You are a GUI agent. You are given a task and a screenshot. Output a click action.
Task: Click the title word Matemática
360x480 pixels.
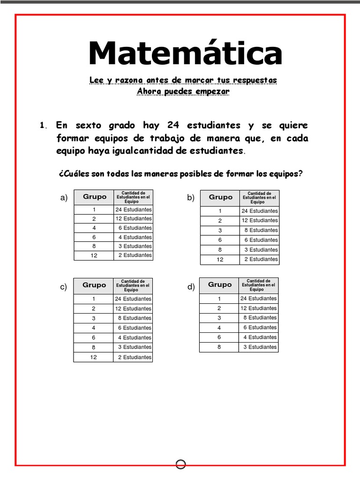pyautogui.click(x=185, y=53)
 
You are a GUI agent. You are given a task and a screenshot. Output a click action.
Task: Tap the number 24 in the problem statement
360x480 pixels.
pyautogui.click(x=173, y=125)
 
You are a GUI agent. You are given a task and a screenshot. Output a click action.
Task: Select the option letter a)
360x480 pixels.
pyautogui.click(x=64, y=198)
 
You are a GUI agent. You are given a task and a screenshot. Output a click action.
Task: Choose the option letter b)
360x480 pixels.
pyautogui.click(x=190, y=198)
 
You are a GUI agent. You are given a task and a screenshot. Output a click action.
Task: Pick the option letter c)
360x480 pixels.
pyautogui.click(x=64, y=287)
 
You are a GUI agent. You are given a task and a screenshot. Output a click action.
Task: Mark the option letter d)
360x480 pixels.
pyautogui.click(x=190, y=287)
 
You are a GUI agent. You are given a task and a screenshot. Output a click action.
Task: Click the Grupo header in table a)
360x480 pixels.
pyautogui.click(x=94, y=197)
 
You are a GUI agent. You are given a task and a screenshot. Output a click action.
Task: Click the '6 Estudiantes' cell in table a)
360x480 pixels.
pyautogui.click(x=134, y=228)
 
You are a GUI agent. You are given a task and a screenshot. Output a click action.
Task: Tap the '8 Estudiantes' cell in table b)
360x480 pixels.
pyautogui.click(x=259, y=230)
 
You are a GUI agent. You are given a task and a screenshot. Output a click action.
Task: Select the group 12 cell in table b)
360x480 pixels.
pyautogui.click(x=220, y=259)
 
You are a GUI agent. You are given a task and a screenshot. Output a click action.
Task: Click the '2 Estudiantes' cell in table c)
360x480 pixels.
pyautogui.click(x=133, y=357)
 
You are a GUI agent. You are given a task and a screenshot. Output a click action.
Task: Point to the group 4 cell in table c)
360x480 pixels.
pyautogui.click(x=94, y=328)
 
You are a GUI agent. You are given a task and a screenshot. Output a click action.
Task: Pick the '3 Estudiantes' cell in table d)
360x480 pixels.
pyautogui.click(x=259, y=347)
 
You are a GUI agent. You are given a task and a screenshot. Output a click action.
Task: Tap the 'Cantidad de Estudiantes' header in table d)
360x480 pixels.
pyautogui.click(x=259, y=285)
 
